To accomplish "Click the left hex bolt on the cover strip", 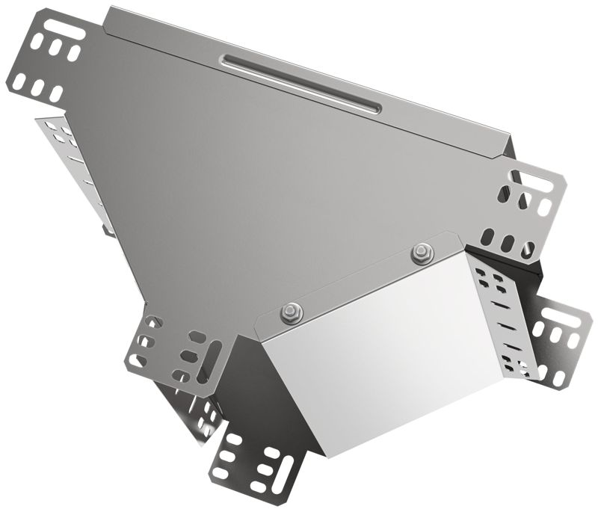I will [x=288, y=312].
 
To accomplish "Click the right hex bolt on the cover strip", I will [x=422, y=252].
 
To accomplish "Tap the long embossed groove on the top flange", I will [x=299, y=81].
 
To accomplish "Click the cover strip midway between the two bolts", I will [x=355, y=283].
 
